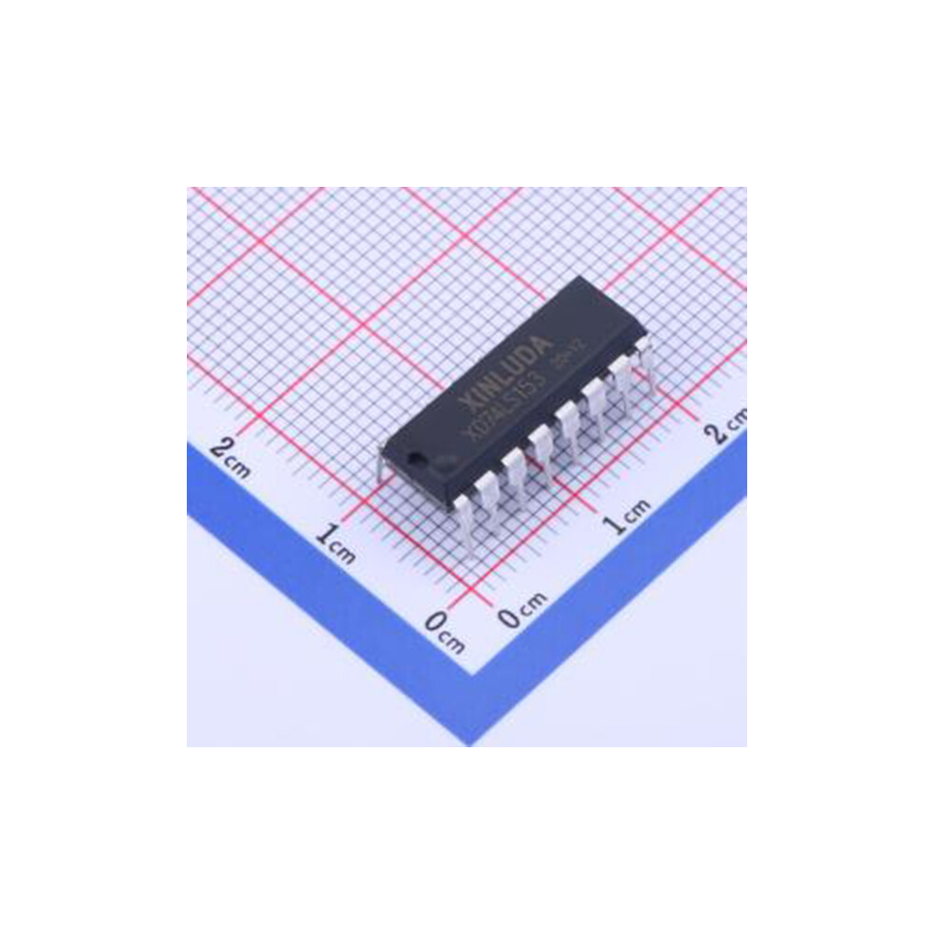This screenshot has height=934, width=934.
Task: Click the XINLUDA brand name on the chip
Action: click(512, 361)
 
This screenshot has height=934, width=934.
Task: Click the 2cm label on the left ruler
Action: click(230, 455)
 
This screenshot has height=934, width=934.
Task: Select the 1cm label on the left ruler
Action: click(335, 545)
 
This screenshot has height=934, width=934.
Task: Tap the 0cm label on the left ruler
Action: click(444, 634)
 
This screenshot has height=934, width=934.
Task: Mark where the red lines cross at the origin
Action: click(480, 594)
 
